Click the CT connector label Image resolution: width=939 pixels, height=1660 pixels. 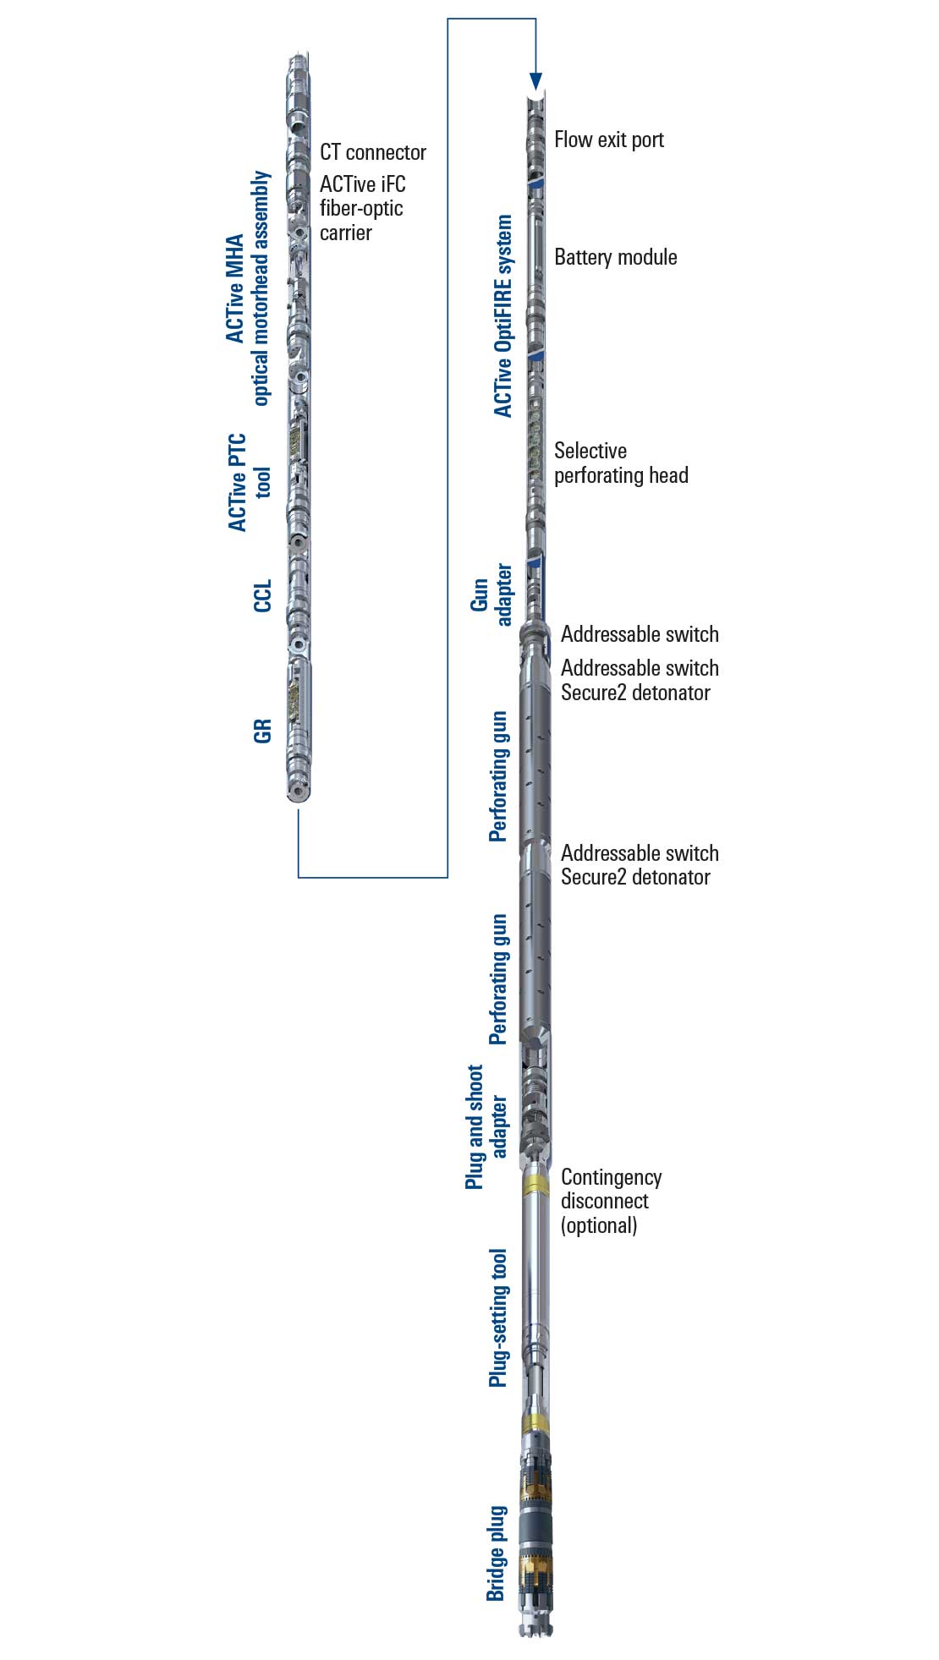coord(372,153)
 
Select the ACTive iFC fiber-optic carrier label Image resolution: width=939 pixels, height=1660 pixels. coord(362,208)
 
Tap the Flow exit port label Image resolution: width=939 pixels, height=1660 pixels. coord(608,140)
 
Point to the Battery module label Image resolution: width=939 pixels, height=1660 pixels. coord(615,257)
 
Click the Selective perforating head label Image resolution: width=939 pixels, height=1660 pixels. coord(620,463)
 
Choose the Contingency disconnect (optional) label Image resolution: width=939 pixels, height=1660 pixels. coord(611,1201)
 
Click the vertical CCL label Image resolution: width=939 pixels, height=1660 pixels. coord(263,595)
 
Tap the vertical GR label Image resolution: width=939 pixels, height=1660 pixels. coord(263,731)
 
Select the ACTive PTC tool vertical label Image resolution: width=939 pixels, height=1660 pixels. coord(250,483)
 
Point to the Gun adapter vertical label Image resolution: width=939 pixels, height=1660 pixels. coord(491,595)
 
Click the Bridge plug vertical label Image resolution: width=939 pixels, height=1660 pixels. coord(497,1553)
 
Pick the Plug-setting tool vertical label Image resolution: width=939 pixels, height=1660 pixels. coord(498,1318)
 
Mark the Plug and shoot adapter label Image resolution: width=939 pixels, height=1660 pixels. coord(486,1126)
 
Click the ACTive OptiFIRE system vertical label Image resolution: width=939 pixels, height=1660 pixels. coord(503,316)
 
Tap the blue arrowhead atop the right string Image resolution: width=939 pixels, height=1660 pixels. coord(535,81)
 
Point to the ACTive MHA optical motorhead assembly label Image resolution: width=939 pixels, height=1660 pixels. coord(248,288)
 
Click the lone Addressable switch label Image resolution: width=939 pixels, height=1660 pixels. coord(640,634)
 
